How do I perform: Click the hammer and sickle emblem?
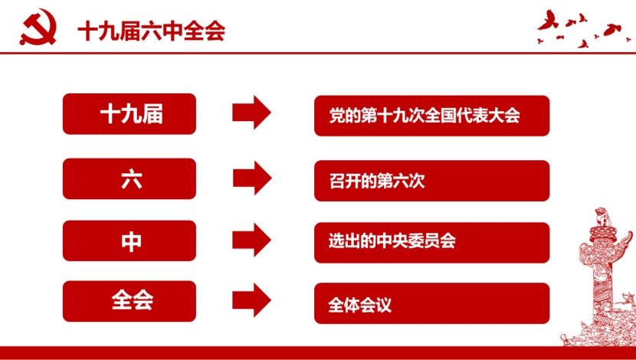(38, 28)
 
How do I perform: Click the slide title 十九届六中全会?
(151, 31)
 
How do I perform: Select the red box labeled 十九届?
(129, 114)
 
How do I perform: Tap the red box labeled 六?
(129, 178)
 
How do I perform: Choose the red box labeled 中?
(129, 241)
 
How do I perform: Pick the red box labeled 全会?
(129, 301)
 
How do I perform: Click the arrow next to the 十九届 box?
(251, 113)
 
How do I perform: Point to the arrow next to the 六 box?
(251, 178)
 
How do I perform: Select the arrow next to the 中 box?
(251, 240)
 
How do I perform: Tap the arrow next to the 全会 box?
(251, 300)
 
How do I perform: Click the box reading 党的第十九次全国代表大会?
(432, 116)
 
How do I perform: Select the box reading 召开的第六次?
(432, 181)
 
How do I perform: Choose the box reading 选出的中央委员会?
(432, 243)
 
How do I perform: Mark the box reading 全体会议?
(432, 303)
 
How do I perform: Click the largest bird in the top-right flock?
(548, 21)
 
